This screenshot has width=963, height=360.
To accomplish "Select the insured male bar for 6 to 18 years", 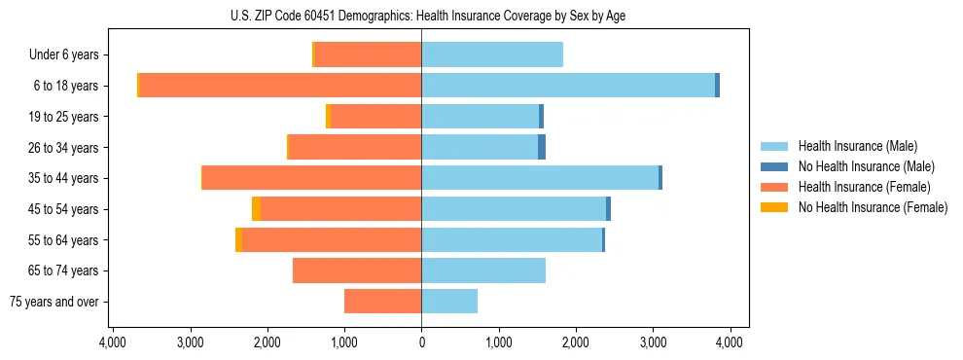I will point(568,86).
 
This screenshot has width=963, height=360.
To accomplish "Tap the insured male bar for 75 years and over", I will point(449,302).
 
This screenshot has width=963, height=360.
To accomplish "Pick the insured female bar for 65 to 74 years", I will point(357,270).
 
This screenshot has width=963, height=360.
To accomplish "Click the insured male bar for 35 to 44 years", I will point(540,178).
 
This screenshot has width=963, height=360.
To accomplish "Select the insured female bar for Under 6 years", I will point(368,54).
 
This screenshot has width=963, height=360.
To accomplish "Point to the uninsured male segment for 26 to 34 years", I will point(542,147).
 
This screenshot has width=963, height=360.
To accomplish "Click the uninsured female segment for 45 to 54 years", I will point(256,209).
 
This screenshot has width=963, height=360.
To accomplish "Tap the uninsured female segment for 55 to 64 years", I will point(239,239).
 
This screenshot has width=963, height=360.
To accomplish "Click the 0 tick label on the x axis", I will point(421,342).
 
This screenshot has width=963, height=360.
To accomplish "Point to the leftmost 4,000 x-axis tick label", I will point(113,342).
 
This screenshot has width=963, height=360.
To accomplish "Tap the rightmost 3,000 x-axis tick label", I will point(653,342).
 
